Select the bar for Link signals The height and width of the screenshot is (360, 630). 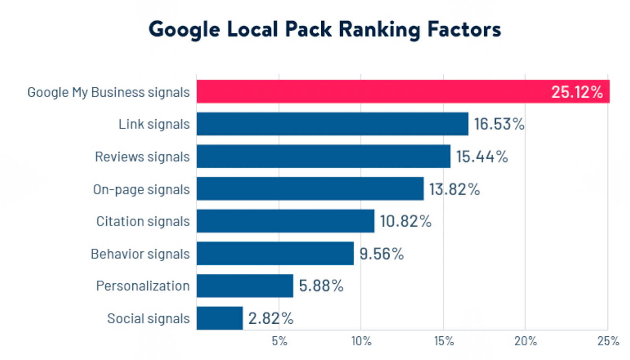(332, 124)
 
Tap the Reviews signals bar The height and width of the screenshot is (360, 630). (323, 156)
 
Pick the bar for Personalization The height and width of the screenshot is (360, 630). (245, 286)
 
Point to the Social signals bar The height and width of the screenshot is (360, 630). (220, 318)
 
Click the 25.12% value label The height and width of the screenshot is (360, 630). (576, 92)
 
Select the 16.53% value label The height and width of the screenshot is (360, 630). (499, 124)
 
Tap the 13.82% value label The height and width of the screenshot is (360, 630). (454, 189)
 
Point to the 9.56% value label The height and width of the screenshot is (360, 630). (382, 254)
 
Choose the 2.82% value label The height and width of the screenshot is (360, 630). (271, 318)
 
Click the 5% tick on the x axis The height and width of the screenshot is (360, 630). (280, 341)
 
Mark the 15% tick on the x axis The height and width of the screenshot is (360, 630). (444, 341)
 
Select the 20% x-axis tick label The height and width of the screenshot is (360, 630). (526, 341)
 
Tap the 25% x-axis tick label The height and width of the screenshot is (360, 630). (608, 341)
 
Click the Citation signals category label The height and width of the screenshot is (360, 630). (143, 221)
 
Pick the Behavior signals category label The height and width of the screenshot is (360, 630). (140, 254)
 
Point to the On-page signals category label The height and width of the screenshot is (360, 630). (141, 189)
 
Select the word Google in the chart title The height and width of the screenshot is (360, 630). (184, 30)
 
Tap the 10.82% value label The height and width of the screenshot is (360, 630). (406, 221)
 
